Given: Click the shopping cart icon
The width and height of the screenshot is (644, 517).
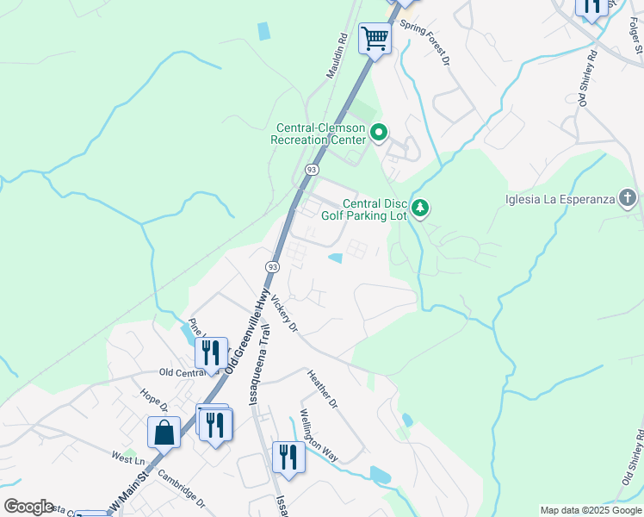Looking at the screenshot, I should coord(375,39).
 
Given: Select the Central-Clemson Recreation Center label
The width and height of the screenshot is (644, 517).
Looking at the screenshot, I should coord(319,134).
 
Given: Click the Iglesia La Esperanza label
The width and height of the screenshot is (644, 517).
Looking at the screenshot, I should coord(560,200).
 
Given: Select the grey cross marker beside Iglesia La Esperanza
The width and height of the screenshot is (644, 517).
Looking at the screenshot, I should coord(628,200).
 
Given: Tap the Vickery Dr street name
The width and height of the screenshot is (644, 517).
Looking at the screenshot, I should coord(283,315).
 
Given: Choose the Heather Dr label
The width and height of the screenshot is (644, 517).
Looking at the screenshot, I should coord(323,389).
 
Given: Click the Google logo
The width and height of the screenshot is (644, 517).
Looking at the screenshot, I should coord(28,506).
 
